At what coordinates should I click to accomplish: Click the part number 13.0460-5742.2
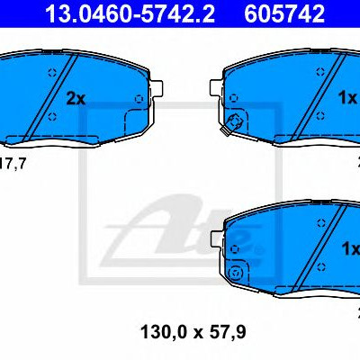(130, 13)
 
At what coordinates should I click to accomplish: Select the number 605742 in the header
(284, 13)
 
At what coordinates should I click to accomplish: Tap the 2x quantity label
(76, 99)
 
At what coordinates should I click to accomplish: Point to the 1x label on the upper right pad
(348, 98)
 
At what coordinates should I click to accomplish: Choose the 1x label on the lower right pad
(351, 248)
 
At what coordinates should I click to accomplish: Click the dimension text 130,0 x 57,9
(193, 332)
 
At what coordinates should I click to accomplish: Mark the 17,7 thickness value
(13, 164)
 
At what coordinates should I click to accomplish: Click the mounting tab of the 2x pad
(157, 89)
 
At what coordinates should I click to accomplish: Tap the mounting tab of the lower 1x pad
(218, 240)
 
